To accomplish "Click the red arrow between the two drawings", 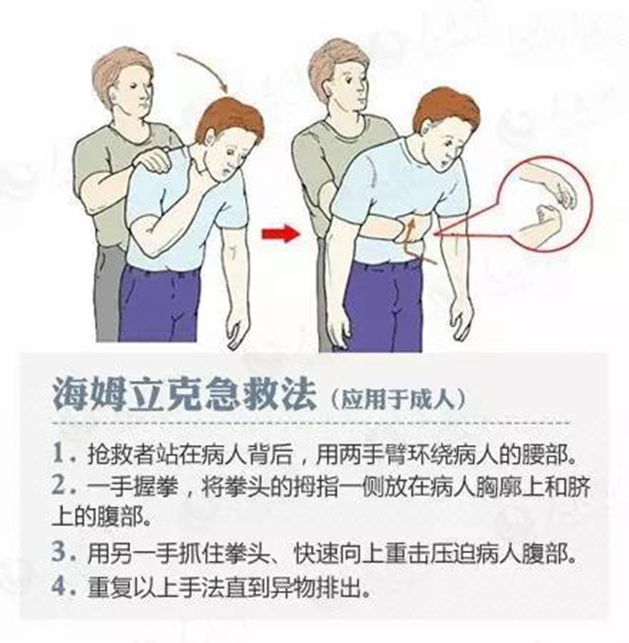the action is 280,234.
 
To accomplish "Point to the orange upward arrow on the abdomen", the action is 415,242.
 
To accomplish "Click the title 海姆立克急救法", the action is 184,395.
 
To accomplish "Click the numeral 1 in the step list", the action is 58,453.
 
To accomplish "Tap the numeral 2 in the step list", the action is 59,487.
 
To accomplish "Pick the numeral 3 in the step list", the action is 59,552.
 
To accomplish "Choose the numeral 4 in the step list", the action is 59,586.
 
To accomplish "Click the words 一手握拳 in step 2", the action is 133,487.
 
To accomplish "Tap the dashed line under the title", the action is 312,423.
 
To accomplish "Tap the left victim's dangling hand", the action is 237,328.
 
